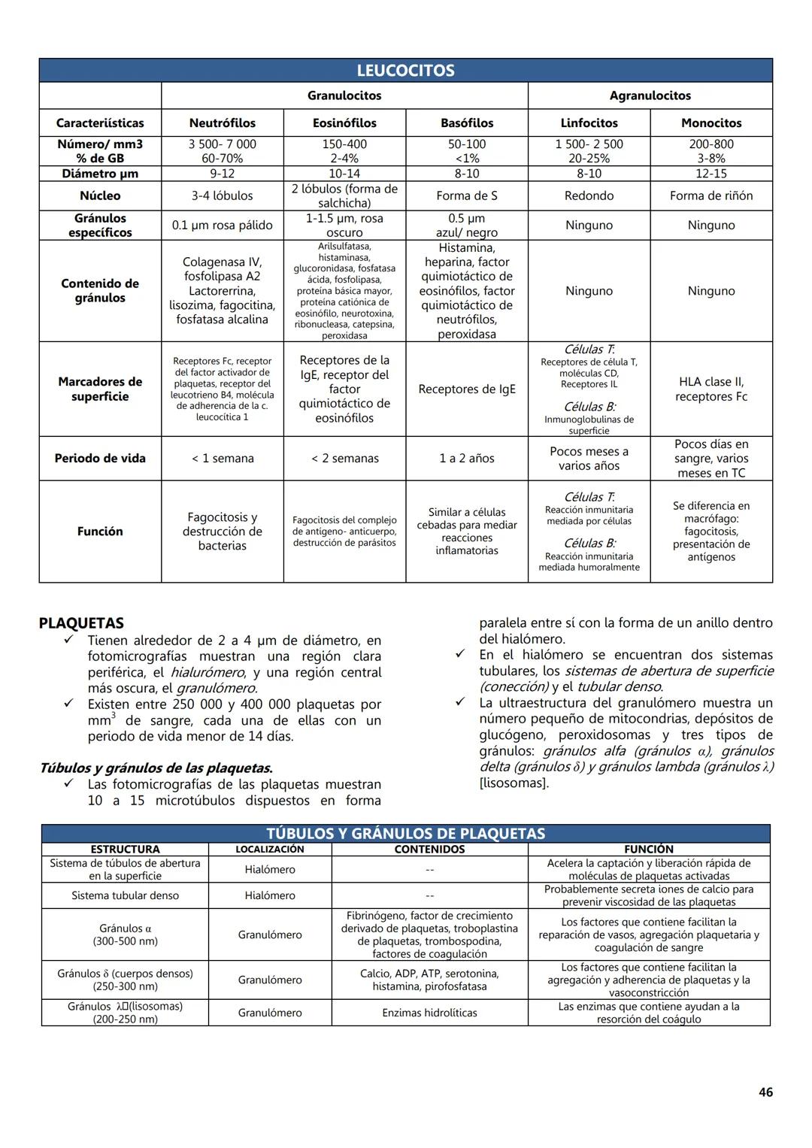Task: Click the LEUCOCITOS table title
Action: pyautogui.click(x=405, y=71)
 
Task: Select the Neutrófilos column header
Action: pyautogui.click(x=223, y=123)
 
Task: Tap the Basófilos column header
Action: pyautogui.click(x=467, y=123)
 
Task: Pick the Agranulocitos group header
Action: pyautogui.click(x=650, y=95)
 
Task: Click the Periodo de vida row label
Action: pyautogui.click(x=100, y=458)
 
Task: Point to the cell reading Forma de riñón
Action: pyautogui.click(x=711, y=195)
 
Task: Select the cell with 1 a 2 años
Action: pyautogui.click(x=467, y=458)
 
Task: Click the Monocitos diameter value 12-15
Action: pyautogui.click(x=711, y=174)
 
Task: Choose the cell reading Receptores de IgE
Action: pyautogui.click(x=467, y=389)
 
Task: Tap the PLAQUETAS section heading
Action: pyautogui.click(x=81, y=623)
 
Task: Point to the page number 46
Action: pyautogui.click(x=765, y=1092)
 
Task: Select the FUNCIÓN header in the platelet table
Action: pyautogui.click(x=649, y=849)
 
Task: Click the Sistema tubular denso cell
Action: pyautogui.click(x=125, y=895)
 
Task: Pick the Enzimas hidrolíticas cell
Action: pyautogui.click(x=429, y=1013)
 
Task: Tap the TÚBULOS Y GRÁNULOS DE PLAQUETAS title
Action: pyautogui.click(x=405, y=833)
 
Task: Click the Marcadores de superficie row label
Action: pyautogui.click(x=100, y=389)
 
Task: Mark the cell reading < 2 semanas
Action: pyautogui.click(x=344, y=458)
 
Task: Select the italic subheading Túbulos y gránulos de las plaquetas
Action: pyautogui.click(x=156, y=768)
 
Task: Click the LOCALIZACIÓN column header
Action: pyautogui.click(x=270, y=849)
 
